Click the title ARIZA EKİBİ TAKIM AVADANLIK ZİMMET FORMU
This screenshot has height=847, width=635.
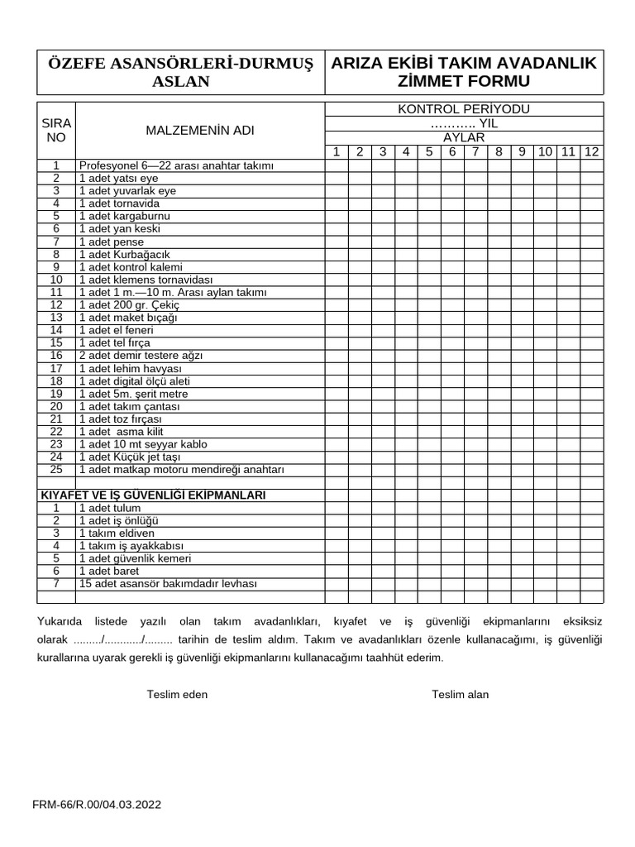[x=463, y=72]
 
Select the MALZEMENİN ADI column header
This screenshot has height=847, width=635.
[x=200, y=131]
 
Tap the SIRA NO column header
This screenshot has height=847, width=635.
[x=56, y=131]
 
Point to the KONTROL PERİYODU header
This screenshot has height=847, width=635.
[x=463, y=109]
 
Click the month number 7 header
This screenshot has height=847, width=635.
[x=475, y=151]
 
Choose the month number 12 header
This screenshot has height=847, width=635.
[x=591, y=151]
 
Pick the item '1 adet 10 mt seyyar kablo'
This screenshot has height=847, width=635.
[x=142, y=444]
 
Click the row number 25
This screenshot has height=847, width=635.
[x=56, y=470]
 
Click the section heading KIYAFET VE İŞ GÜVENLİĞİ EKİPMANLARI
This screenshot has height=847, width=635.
[x=153, y=495]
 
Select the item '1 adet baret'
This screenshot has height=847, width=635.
[x=109, y=571]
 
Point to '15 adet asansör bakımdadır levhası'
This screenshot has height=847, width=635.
[x=168, y=583]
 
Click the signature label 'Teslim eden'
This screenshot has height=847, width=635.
[x=177, y=695]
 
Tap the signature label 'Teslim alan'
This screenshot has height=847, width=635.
[x=460, y=695]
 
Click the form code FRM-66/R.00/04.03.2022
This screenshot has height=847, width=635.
[x=97, y=804]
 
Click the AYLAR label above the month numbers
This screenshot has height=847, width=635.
[x=463, y=137]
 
